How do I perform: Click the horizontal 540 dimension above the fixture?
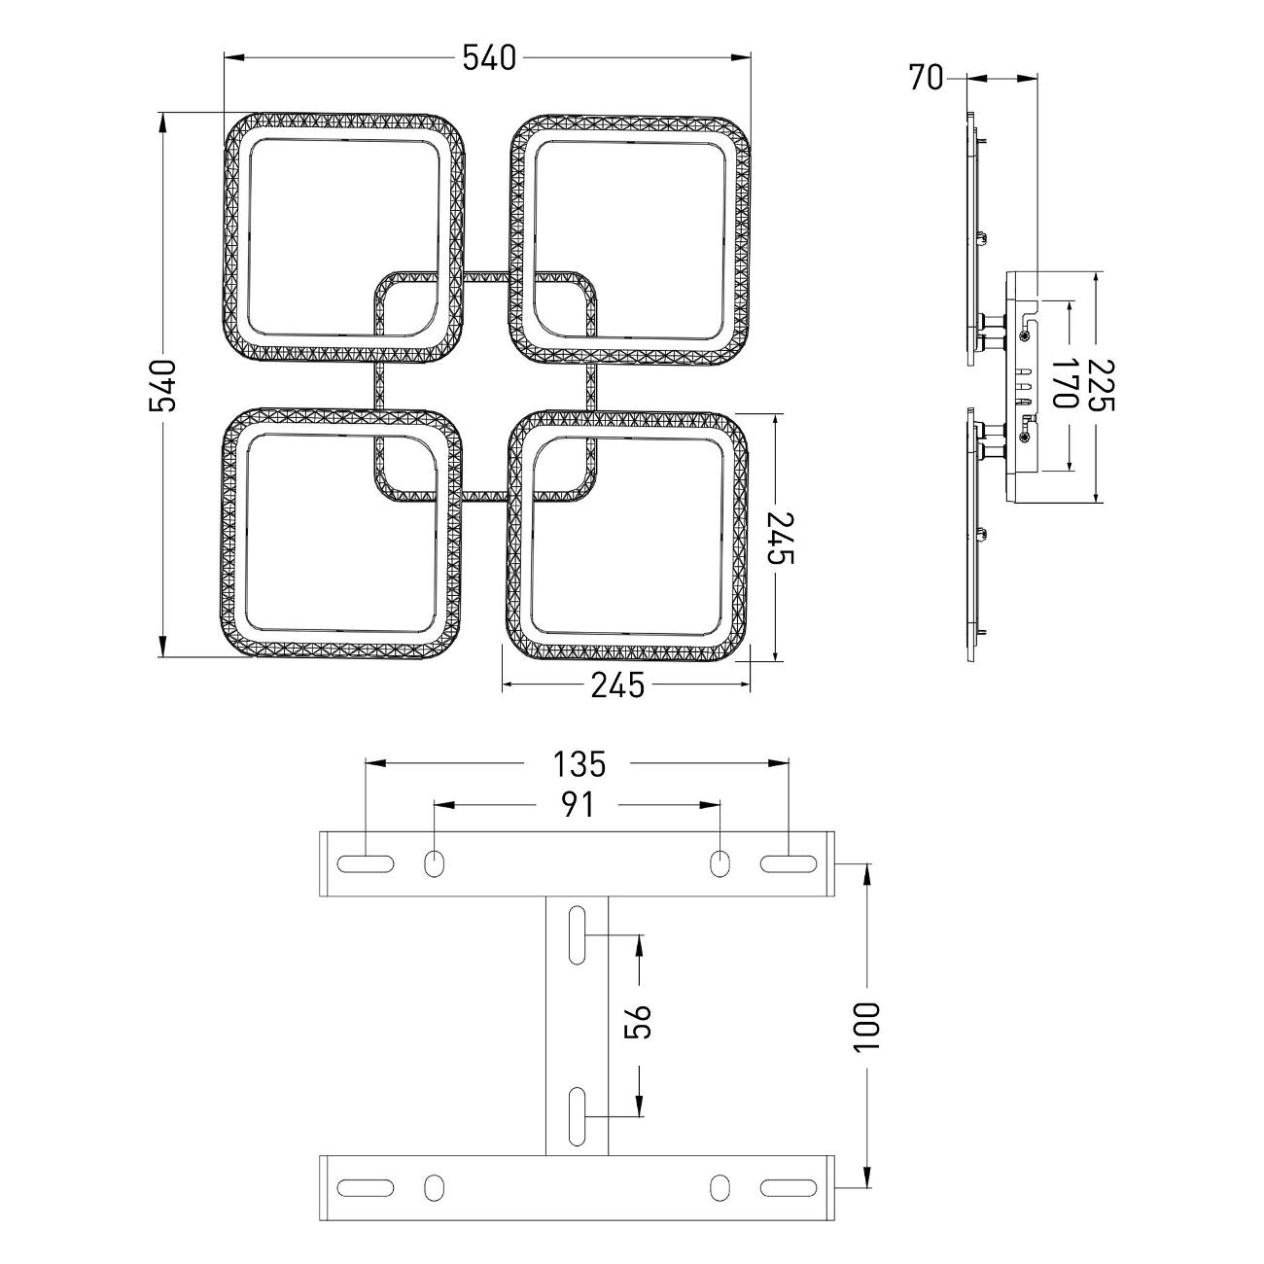[489, 57]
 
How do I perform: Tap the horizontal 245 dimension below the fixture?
[617, 686]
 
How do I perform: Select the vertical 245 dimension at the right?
[781, 538]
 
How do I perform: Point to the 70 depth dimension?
[926, 78]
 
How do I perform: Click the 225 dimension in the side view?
[1101, 386]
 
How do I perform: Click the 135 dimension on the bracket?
[579, 764]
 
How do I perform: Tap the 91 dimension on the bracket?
[578, 805]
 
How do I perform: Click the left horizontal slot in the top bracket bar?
[366, 863]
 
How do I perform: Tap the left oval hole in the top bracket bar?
[433, 863]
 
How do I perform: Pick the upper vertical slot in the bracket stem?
[578, 935]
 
